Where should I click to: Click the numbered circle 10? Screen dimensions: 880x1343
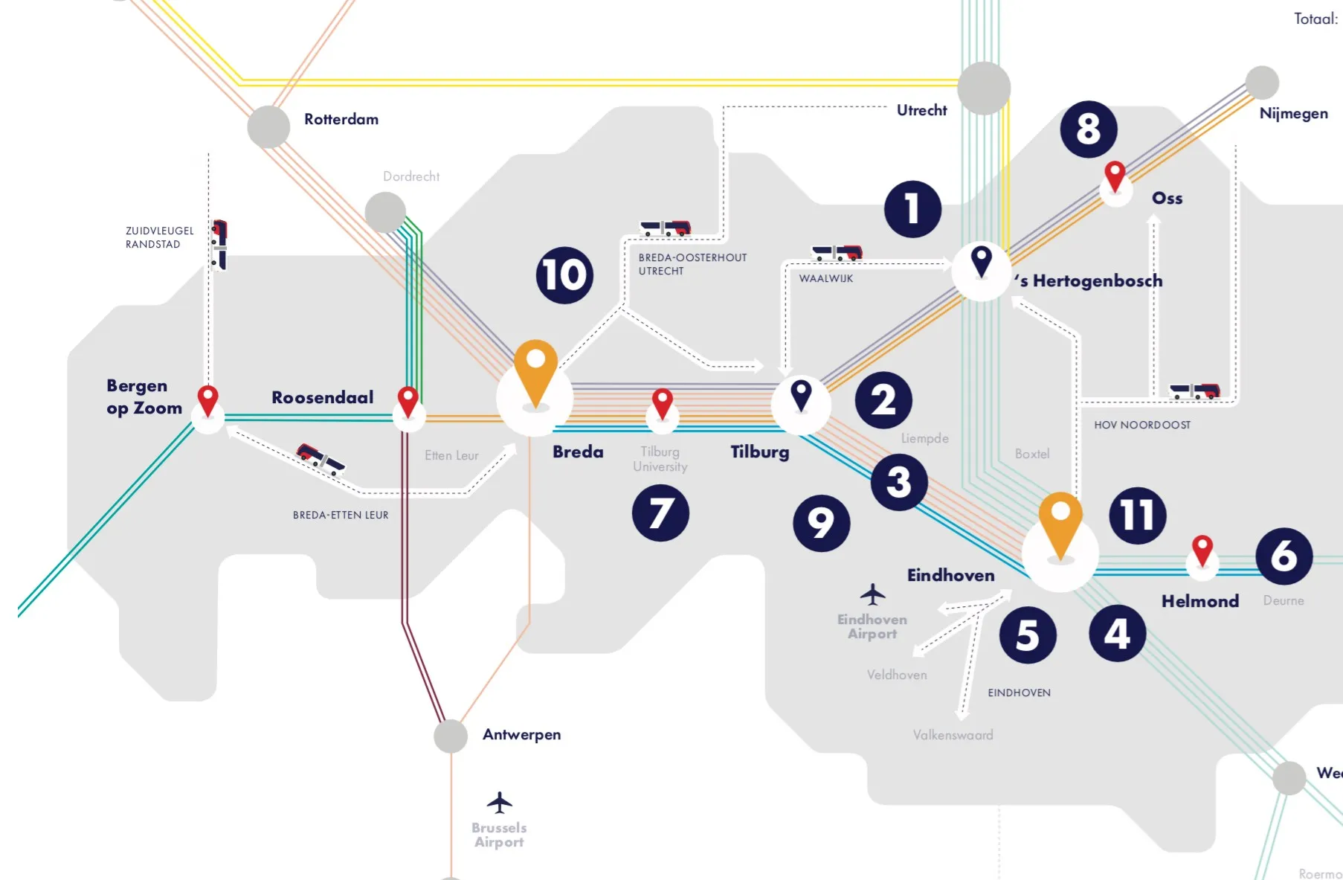coord(564,275)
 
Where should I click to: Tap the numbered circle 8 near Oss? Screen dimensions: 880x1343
coord(1088,129)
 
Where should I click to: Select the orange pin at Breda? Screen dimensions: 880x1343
coord(535,372)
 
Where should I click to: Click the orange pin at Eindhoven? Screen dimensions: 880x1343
coord(1060,523)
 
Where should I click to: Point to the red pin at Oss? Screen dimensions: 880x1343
coord(1114,176)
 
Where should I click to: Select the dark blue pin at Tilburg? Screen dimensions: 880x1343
coord(800,395)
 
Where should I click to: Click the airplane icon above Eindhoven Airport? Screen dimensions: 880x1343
coord(872,594)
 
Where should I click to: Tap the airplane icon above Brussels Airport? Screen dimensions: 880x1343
coord(499,803)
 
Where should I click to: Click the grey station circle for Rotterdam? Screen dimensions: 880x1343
coord(268,126)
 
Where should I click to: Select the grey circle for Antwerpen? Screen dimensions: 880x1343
coord(451,736)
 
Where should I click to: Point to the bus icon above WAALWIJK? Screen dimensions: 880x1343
coord(837,253)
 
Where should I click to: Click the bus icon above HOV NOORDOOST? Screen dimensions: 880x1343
coord(1194,391)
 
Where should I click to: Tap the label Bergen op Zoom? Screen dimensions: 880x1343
coord(144,396)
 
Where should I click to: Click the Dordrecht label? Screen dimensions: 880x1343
coord(410,176)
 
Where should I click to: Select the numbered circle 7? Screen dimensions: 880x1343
coord(660,513)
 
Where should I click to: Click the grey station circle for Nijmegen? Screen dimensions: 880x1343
coord(1262,83)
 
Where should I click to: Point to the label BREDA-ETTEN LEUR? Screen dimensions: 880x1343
coord(341,515)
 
